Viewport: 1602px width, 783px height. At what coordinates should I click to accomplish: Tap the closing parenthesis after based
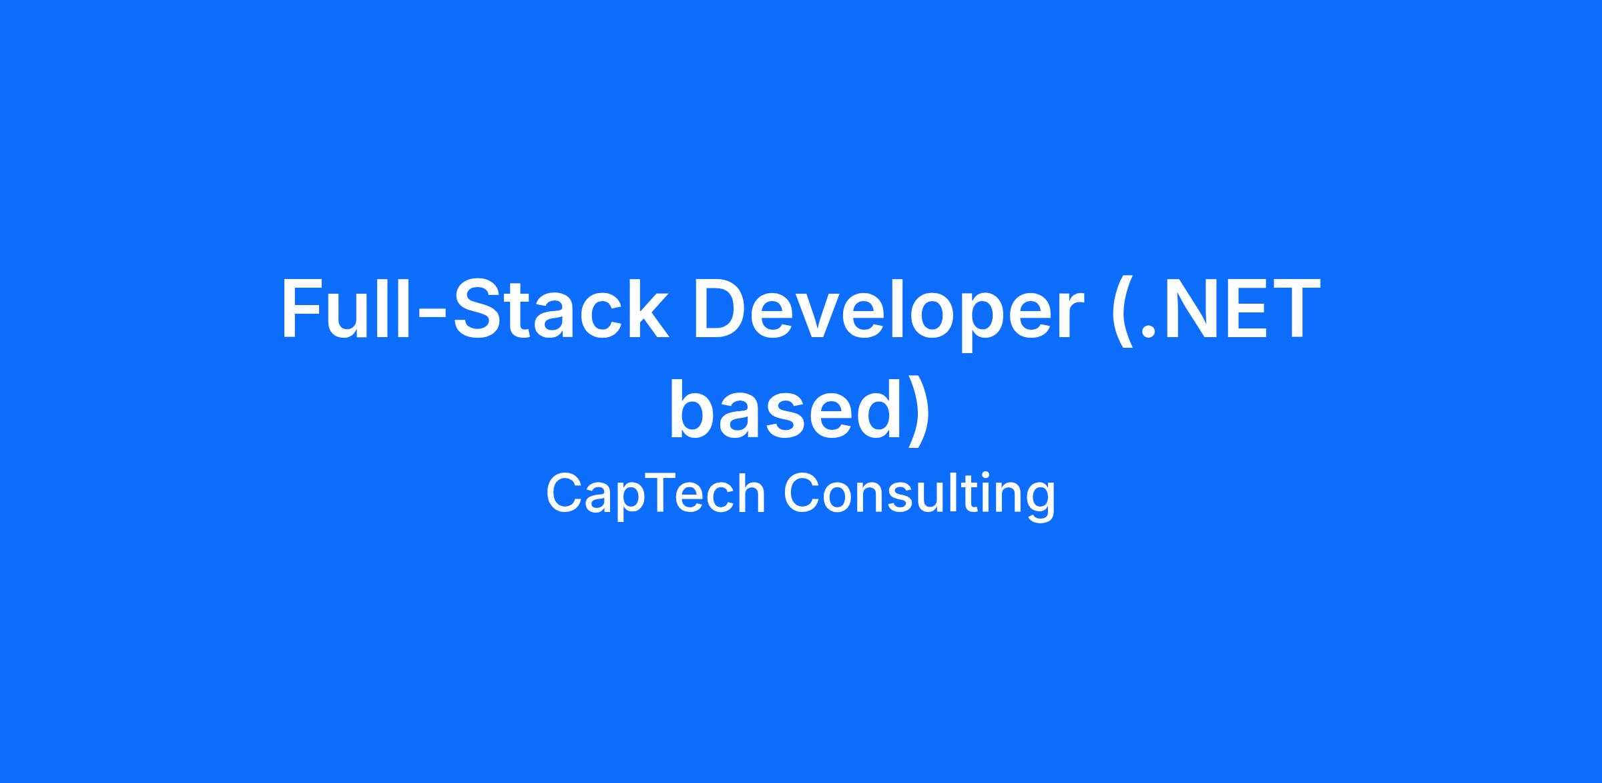click(918, 413)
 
